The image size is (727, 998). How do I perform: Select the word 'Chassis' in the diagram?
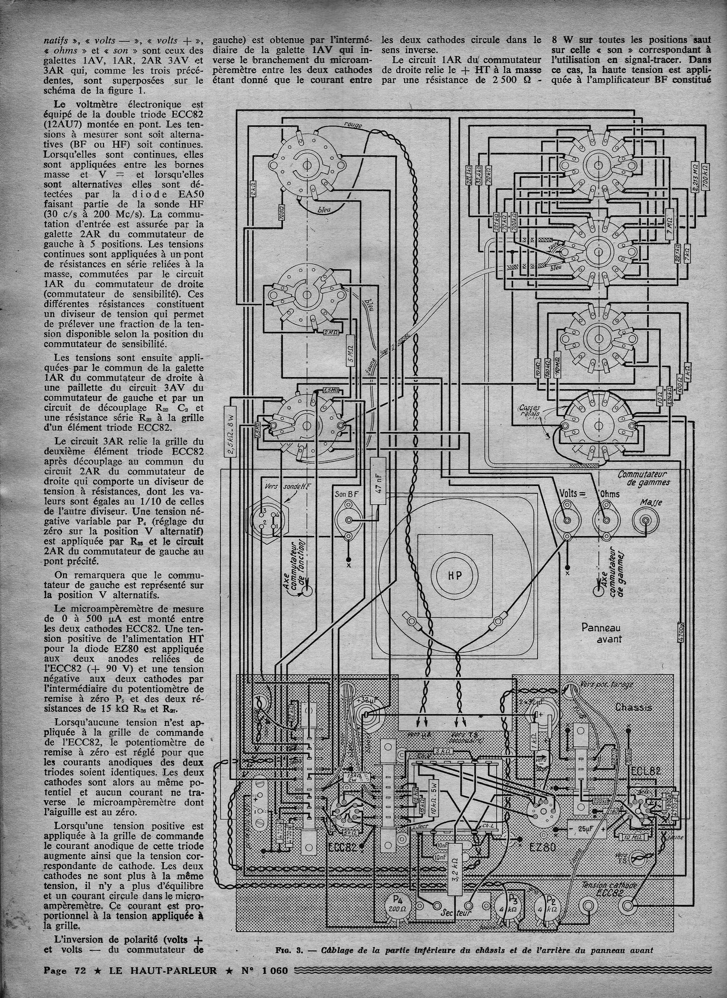pos(633,708)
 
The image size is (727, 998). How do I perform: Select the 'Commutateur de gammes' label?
pos(643,478)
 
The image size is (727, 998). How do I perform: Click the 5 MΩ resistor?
pos(350,349)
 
